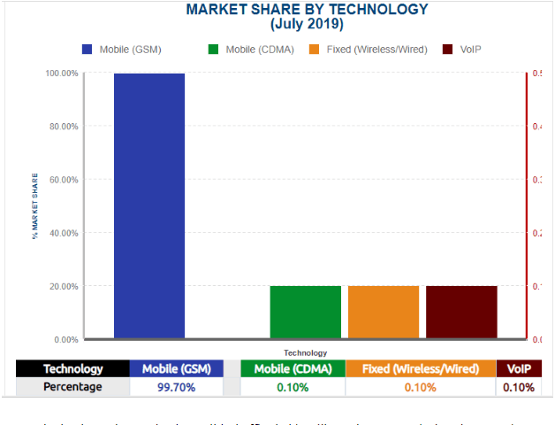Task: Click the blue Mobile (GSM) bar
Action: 148,205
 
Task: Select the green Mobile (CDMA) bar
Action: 305,312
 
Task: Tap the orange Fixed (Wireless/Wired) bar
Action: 383,312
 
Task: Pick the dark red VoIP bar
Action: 461,312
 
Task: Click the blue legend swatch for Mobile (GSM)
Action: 87,49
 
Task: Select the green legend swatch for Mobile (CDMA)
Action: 213,49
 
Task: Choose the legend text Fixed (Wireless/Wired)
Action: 376,49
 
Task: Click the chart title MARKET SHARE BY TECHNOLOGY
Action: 307,10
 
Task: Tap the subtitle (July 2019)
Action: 306,24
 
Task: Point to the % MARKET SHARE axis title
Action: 36,206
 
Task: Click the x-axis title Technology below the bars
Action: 305,352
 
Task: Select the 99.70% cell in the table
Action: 176,387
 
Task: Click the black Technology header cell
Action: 73,368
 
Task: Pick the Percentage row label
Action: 73,387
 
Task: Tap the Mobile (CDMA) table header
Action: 292,368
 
